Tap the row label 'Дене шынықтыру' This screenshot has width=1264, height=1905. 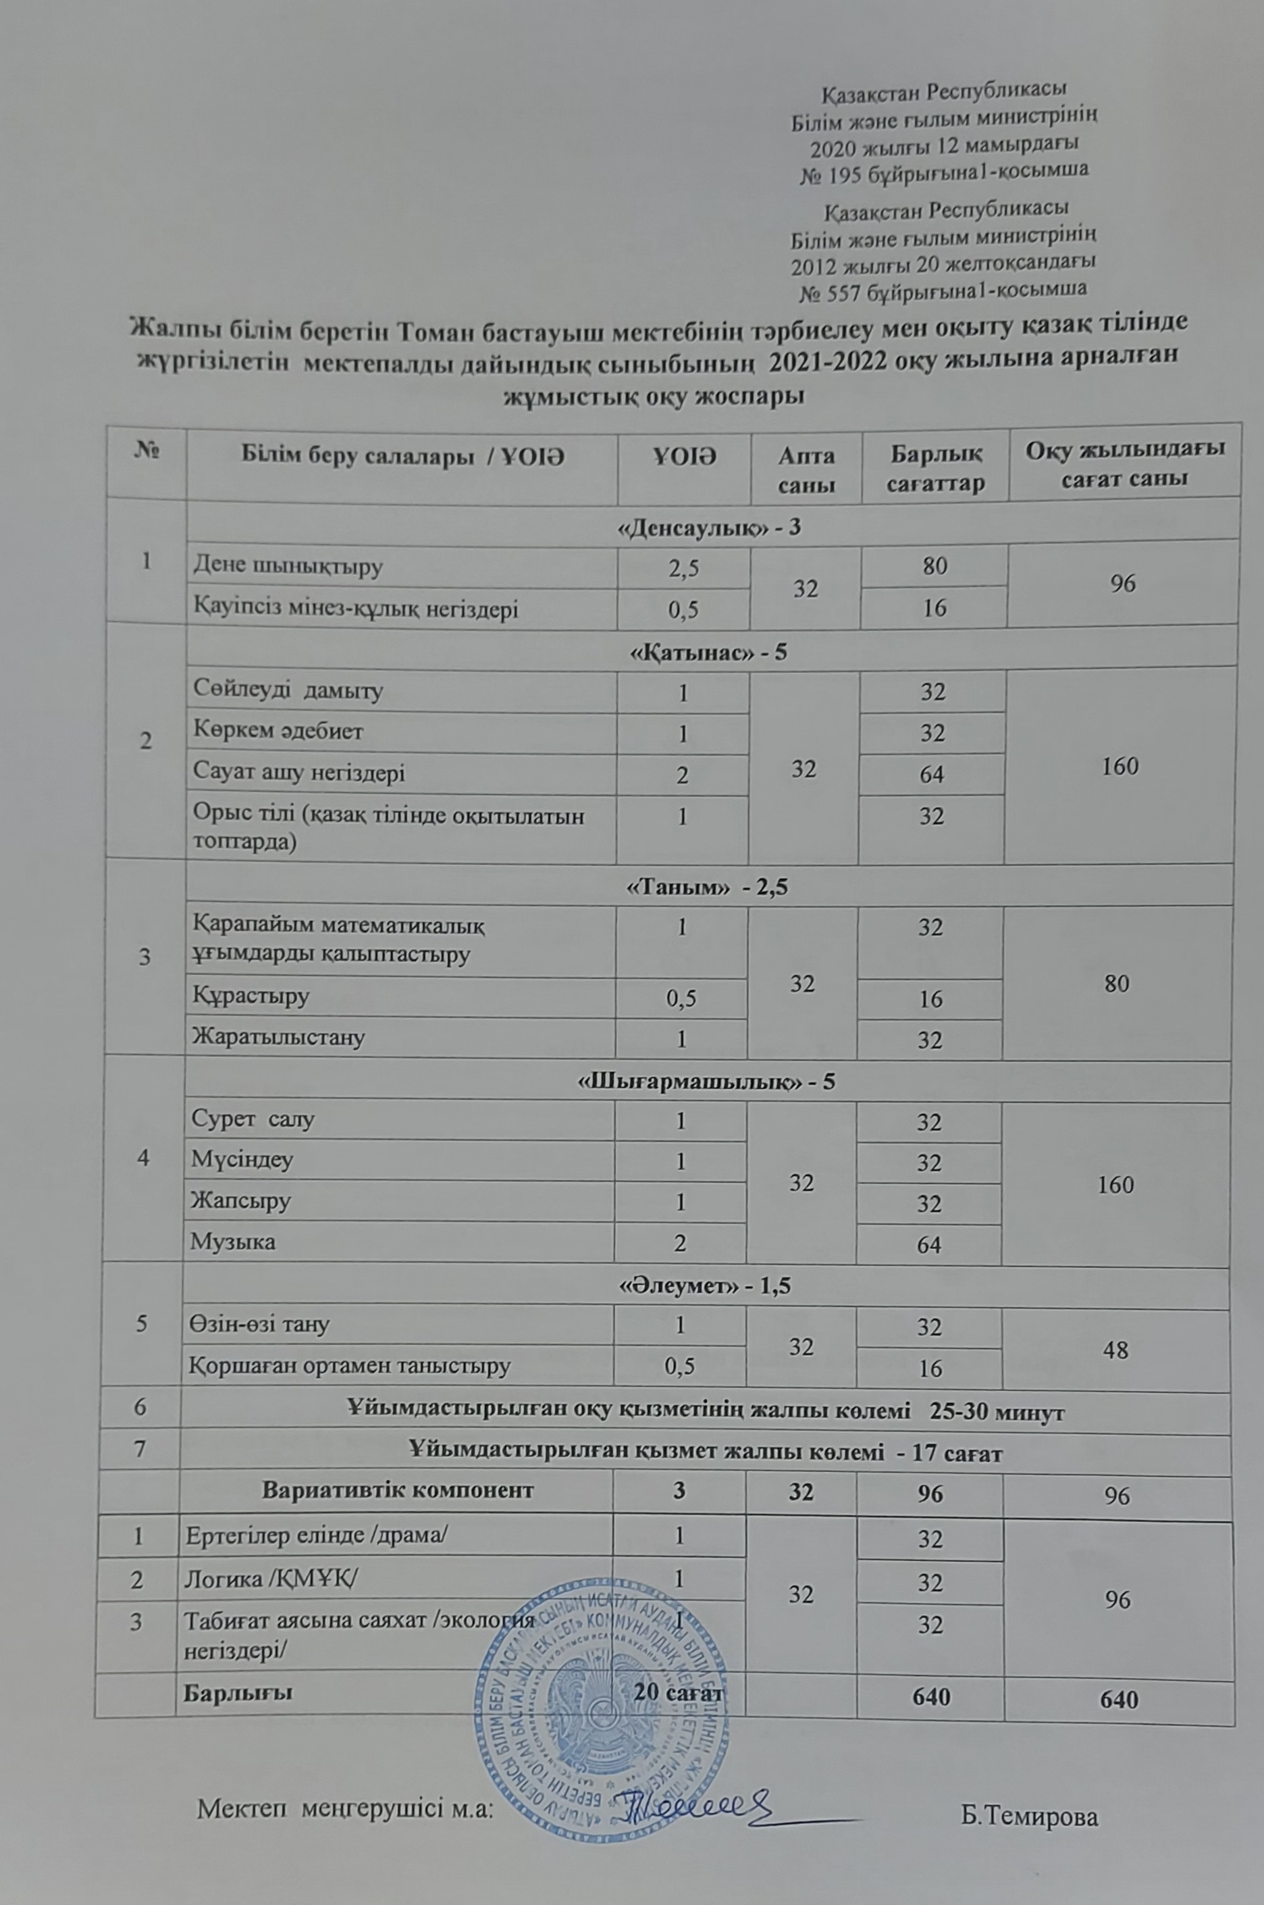point(287,566)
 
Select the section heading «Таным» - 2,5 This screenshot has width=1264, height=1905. point(707,887)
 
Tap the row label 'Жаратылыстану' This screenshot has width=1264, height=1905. point(278,1036)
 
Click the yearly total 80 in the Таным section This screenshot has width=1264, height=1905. point(1117,982)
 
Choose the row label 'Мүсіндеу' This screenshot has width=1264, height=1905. point(242,1160)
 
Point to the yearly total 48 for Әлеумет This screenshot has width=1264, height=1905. point(1115,1349)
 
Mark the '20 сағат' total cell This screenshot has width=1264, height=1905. point(679,1693)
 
